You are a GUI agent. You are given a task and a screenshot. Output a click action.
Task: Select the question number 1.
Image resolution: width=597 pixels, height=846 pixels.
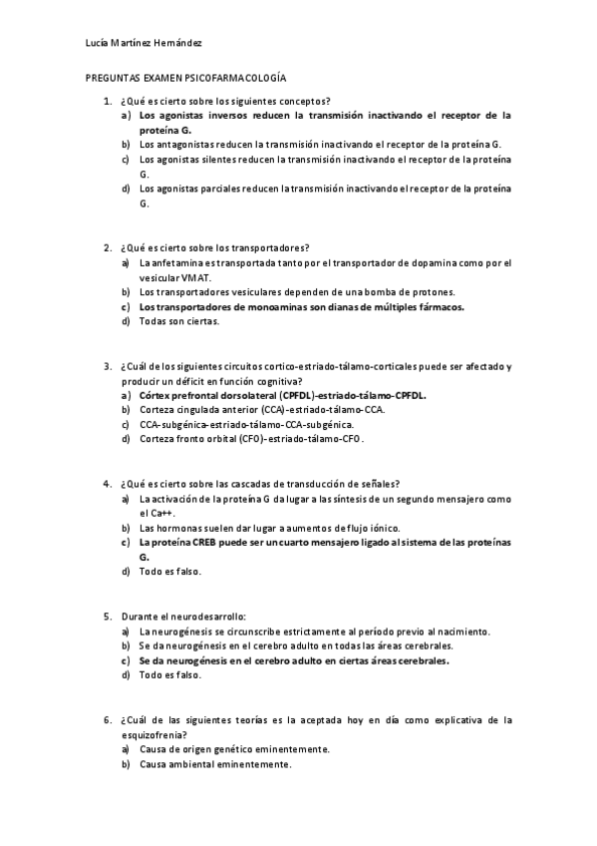click(x=107, y=101)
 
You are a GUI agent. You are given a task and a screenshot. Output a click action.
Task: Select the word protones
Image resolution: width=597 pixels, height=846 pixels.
click(x=432, y=292)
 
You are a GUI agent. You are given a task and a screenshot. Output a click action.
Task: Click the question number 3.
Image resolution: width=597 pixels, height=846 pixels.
click(x=107, y=366)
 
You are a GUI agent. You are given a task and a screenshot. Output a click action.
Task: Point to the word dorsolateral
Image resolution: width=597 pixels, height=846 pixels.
click(x=236, y=395)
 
